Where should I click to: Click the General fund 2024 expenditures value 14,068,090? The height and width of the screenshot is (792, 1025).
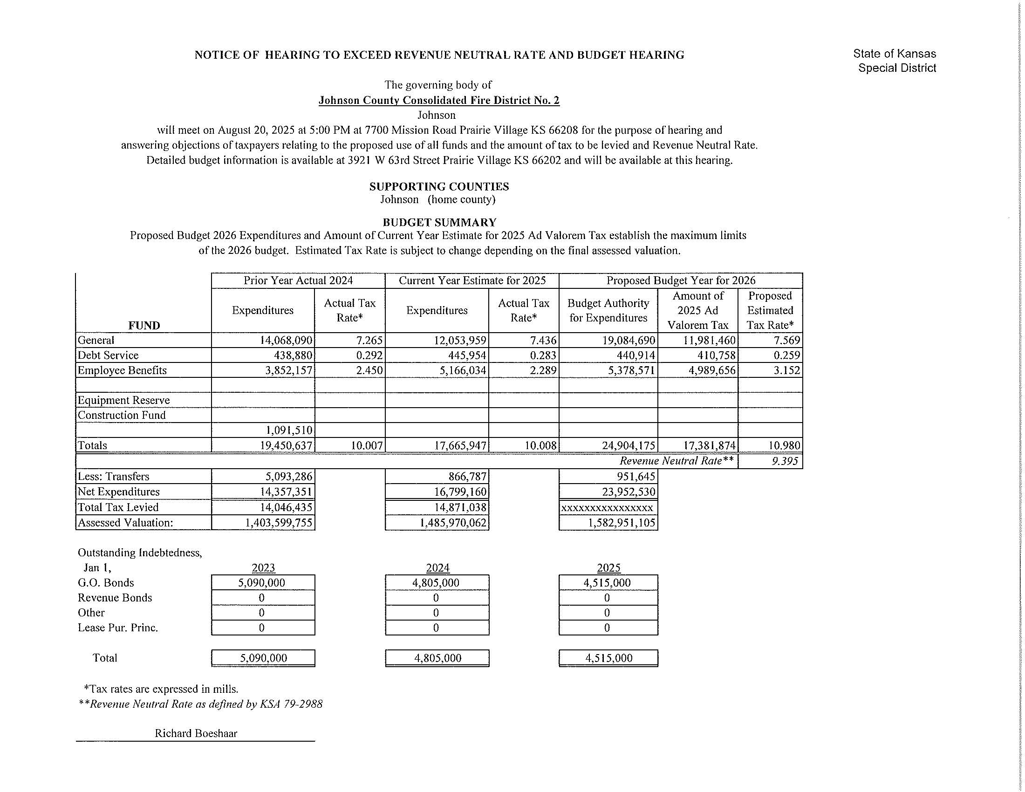(286, 340)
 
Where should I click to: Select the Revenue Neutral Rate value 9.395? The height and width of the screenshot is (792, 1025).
(785, 461)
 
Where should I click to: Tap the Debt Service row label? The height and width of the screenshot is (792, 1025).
(108, 355)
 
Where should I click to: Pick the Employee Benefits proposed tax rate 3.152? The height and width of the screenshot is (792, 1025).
(786, 370)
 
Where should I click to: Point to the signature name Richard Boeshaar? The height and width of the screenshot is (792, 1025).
(196, 733)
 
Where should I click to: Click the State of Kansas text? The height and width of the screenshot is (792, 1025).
(894, 54)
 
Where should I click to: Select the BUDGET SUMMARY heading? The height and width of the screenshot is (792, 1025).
(439, 222)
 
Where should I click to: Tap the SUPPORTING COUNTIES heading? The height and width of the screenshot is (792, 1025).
(439, 186)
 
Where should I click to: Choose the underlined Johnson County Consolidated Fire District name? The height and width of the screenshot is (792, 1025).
(439, 100)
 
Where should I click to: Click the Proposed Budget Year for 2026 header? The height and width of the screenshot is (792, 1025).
(681, 280)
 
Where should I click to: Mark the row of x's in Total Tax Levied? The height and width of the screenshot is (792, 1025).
(607, 507)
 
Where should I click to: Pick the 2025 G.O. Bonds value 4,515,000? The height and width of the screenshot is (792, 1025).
(608, 583)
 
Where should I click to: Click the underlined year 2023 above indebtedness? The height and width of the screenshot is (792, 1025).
(263, 568)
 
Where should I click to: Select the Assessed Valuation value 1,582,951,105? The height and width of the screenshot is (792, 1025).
(622, 523)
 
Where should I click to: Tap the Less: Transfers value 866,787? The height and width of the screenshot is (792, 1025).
(467, 476)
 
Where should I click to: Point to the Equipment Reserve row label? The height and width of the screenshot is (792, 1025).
(124, 400)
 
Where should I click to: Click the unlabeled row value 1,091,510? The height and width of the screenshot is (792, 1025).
(289, 430)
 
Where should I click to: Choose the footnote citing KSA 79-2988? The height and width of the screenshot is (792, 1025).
(201, 704)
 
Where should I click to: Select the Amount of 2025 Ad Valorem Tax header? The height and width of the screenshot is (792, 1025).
(697, 310)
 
